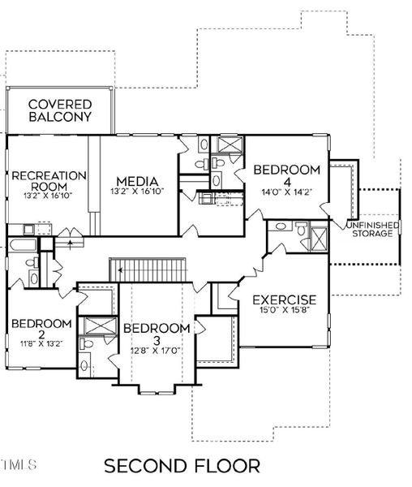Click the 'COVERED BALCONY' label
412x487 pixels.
point(60,110)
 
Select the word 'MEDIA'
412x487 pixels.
point(135,180)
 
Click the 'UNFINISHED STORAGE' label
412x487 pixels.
point(371,229)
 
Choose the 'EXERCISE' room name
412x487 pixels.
point(283,300)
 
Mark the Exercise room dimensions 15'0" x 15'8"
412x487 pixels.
point(283,312)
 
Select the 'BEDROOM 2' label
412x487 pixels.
point(41,330)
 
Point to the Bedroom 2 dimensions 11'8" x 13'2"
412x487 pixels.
point(41,343)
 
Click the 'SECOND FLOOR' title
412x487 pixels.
point(182,466)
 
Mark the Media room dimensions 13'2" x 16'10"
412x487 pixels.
point(135,192)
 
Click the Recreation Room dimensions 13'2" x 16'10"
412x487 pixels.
point(48,195)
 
